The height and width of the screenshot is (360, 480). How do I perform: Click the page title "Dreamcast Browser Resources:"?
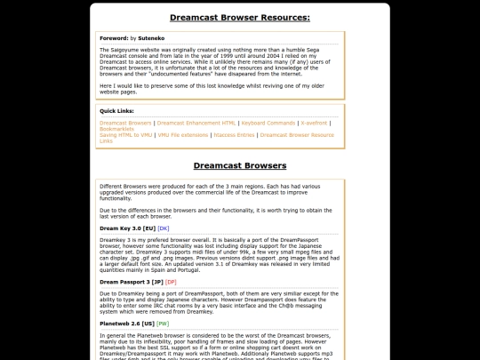(x=240, y=17)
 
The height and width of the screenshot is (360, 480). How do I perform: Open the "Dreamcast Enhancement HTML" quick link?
(x=196, y=123)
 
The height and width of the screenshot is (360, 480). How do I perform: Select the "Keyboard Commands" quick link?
(x=269, y=123)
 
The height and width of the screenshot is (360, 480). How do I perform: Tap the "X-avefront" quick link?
(x=315, y=123)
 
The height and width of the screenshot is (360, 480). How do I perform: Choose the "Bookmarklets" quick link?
(x=117, y=129)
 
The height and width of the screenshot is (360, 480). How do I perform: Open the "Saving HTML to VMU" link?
(x=126, y=135)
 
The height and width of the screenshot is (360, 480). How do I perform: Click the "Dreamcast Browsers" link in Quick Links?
(x=125, y=123)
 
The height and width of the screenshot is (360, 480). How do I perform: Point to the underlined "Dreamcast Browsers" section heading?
(x=240, y=165)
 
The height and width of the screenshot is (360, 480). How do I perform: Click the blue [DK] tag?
(x=164, y=228)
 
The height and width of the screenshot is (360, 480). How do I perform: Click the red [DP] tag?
(x=171, y=282)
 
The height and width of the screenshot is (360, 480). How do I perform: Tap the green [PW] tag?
(x=163, y=324)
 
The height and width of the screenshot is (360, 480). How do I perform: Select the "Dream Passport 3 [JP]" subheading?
(x=131, y=282)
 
